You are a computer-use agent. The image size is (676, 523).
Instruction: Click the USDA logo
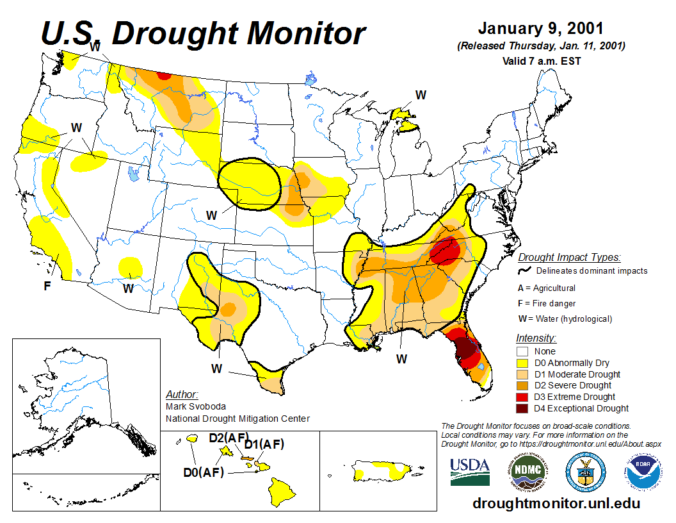(470, 472)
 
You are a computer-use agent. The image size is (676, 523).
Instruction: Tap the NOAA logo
(642, 472)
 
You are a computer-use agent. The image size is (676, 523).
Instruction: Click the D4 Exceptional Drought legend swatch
(522, 408)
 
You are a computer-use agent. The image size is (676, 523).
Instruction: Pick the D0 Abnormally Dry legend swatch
(522, 363)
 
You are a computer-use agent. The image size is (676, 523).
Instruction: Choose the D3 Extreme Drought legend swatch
(522, 397)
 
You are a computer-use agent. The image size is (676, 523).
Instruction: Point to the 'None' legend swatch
(522, 351)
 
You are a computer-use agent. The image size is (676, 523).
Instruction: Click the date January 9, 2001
(540, 29)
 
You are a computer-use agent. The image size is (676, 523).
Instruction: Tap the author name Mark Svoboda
(195, 406)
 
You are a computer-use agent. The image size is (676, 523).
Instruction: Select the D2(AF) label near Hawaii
(229, 438)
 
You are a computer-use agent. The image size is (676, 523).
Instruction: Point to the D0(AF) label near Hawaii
(203, 472)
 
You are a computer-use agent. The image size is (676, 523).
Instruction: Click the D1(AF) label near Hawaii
(264, 444)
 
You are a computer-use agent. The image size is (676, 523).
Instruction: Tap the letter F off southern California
(47, 286)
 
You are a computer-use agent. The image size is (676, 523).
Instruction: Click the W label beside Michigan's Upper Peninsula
(421, 95)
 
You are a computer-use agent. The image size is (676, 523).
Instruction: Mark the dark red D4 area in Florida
(467, 349)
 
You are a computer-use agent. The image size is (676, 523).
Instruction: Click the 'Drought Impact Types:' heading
(568, 258)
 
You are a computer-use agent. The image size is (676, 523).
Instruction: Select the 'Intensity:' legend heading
(536, 338)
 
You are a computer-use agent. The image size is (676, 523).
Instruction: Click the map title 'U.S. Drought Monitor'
(204, 33)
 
